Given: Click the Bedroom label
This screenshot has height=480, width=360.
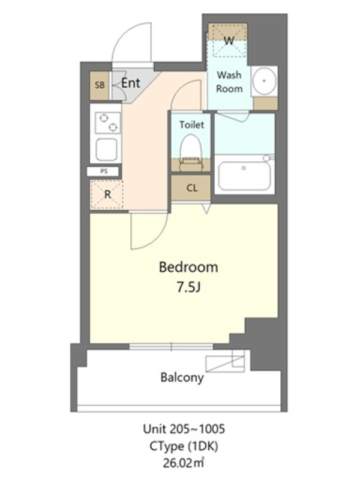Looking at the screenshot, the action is [188, 267].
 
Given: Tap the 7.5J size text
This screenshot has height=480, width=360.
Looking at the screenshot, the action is [188, 287].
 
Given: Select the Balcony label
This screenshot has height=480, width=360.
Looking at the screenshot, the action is [182, 377].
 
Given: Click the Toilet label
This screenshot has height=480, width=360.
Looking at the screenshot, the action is [191, 125].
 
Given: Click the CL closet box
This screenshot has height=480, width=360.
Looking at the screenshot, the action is [191, 187].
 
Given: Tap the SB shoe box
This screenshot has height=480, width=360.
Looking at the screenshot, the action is [100, 85].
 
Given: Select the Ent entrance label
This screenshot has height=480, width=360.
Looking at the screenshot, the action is [131, 83].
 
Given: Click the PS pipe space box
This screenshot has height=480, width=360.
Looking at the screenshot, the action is [104, 172].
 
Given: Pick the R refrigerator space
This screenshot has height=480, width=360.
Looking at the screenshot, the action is [107, 194].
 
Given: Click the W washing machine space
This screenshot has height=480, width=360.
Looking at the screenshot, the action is [228, 40].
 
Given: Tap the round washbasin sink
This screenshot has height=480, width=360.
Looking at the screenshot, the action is [264, 81].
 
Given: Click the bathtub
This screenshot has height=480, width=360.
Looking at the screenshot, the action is [244, 175].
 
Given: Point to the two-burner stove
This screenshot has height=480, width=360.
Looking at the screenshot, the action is [107, 123].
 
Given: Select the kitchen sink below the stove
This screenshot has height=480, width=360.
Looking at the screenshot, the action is [107, 149].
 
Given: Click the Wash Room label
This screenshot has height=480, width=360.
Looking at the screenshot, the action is [229, 82].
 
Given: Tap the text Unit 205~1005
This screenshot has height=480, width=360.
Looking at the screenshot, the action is [184, 429].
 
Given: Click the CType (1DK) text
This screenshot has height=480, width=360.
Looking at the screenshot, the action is [184, 446].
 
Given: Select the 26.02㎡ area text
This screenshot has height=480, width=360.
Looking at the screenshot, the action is [184, 463].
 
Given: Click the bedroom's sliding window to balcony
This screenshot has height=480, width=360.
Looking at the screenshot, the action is [171, 347].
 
